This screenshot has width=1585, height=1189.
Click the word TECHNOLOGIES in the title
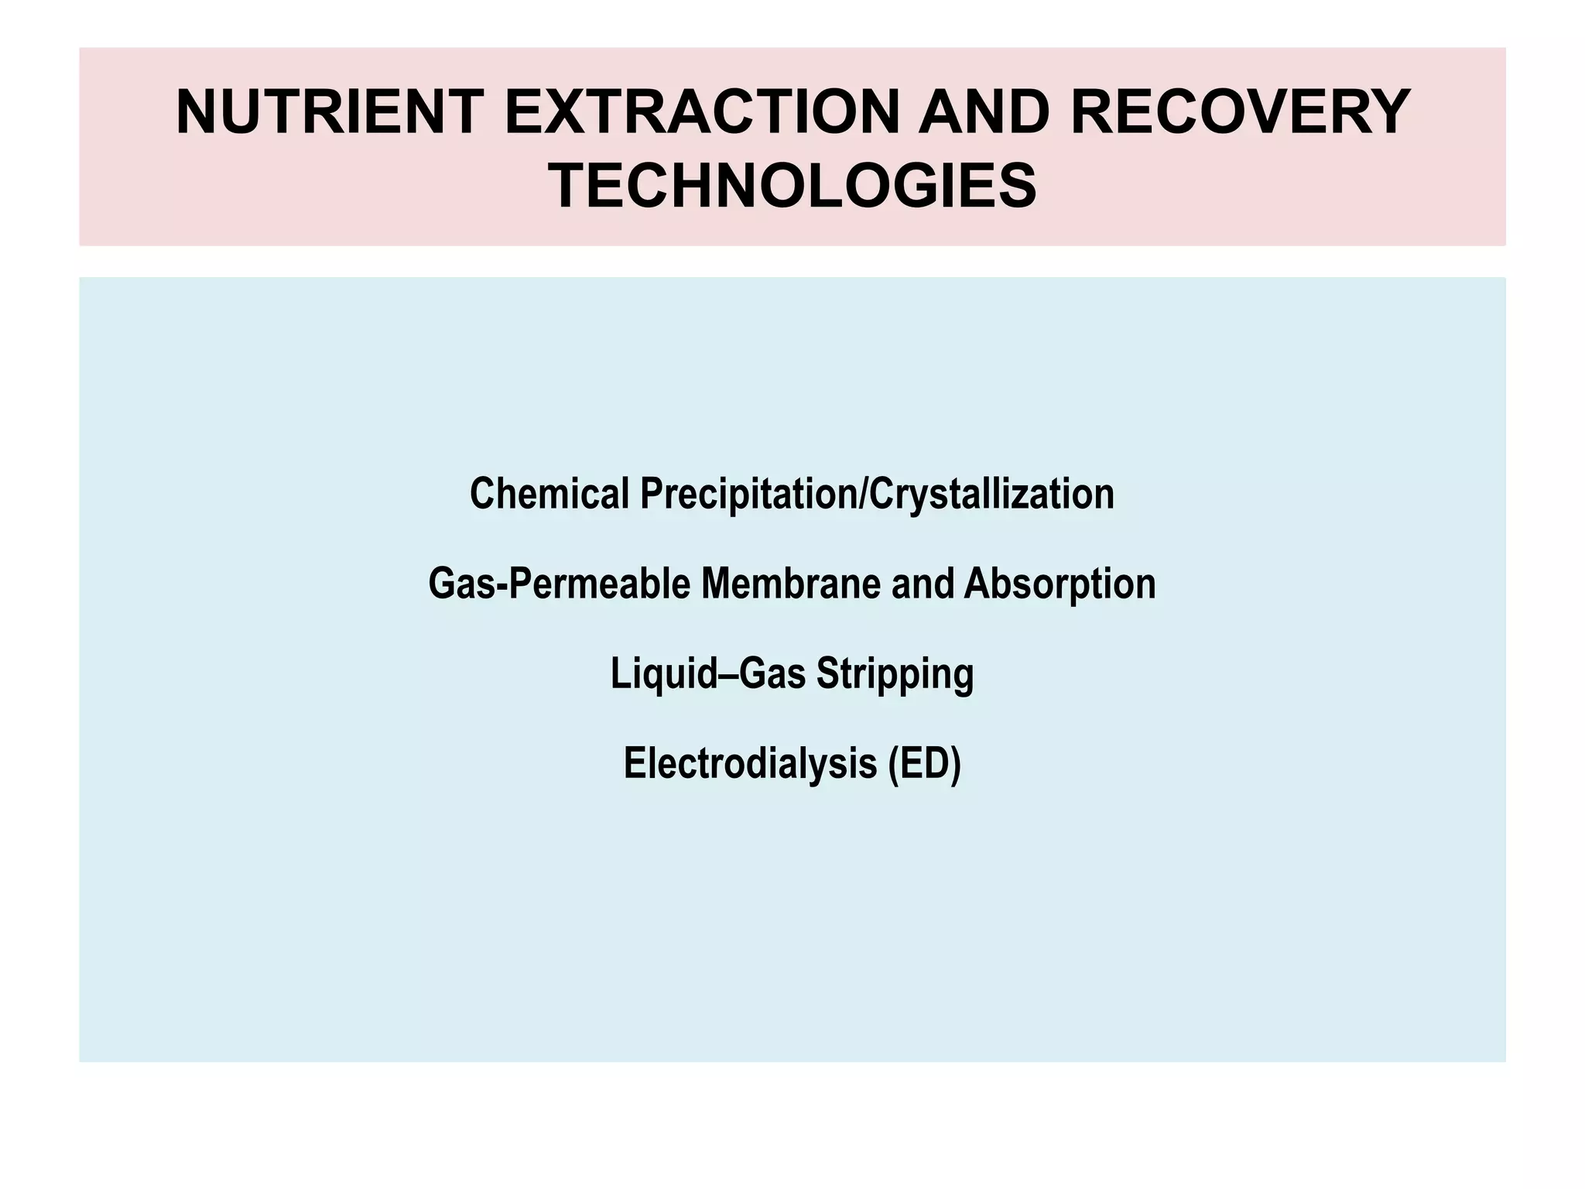(x=792, y=187)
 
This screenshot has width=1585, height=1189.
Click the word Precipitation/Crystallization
(x=877, y=494)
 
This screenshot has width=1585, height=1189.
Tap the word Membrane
(x=791, y=584)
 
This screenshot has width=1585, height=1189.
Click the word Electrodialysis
(x=750, y=763)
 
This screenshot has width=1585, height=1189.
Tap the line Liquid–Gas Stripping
(x=792, y=674)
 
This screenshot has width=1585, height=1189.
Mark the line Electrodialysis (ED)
(x=792, y=764)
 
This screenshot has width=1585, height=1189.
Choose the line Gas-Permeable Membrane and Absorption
(x=792, y=584)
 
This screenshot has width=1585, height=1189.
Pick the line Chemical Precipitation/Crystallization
(x=792, y=495)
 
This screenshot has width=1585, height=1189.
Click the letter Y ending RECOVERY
(x=1385, y=113)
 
